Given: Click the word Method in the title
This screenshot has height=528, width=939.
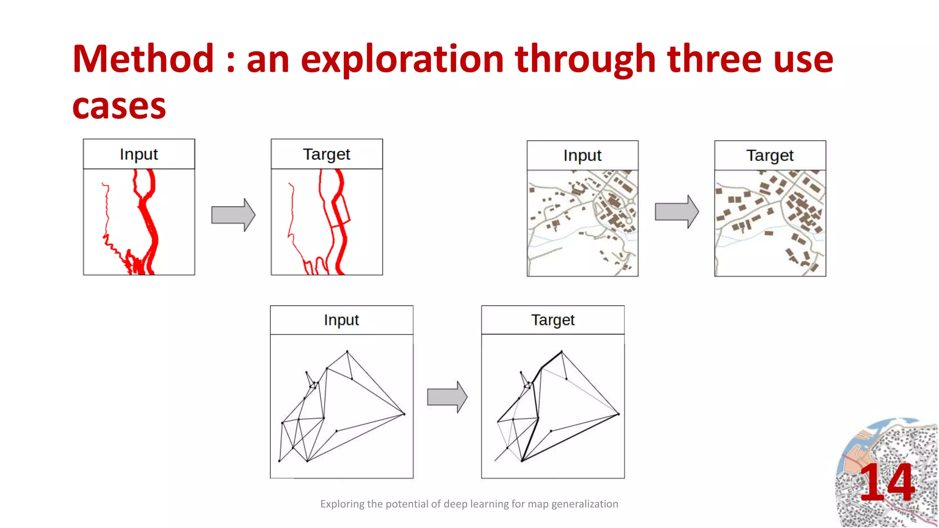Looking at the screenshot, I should click(143, 59).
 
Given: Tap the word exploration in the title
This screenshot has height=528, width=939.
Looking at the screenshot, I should click(402, 59).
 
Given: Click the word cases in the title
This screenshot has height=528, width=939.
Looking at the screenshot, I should click(119, 106).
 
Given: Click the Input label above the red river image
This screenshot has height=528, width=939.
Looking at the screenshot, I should click(138, 154).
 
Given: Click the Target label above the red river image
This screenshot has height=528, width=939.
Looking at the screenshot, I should click(326, 154).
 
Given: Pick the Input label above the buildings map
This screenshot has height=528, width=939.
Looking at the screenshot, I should click(582, 156).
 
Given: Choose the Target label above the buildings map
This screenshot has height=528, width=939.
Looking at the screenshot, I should click(770, 156).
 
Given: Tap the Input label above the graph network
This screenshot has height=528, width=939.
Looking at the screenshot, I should click(341, 320).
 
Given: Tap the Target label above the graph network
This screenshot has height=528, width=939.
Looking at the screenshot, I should click(552, 320).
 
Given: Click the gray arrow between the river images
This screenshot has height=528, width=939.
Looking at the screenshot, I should click(233, 215).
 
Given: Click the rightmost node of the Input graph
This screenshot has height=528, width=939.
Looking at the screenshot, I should click(404, 414).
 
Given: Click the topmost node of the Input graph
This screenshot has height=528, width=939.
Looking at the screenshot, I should click(347, 352).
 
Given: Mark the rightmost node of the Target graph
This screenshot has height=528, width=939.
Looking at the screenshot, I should click(619, 414).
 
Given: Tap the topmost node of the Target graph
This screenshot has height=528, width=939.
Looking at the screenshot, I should click(562, 352).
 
